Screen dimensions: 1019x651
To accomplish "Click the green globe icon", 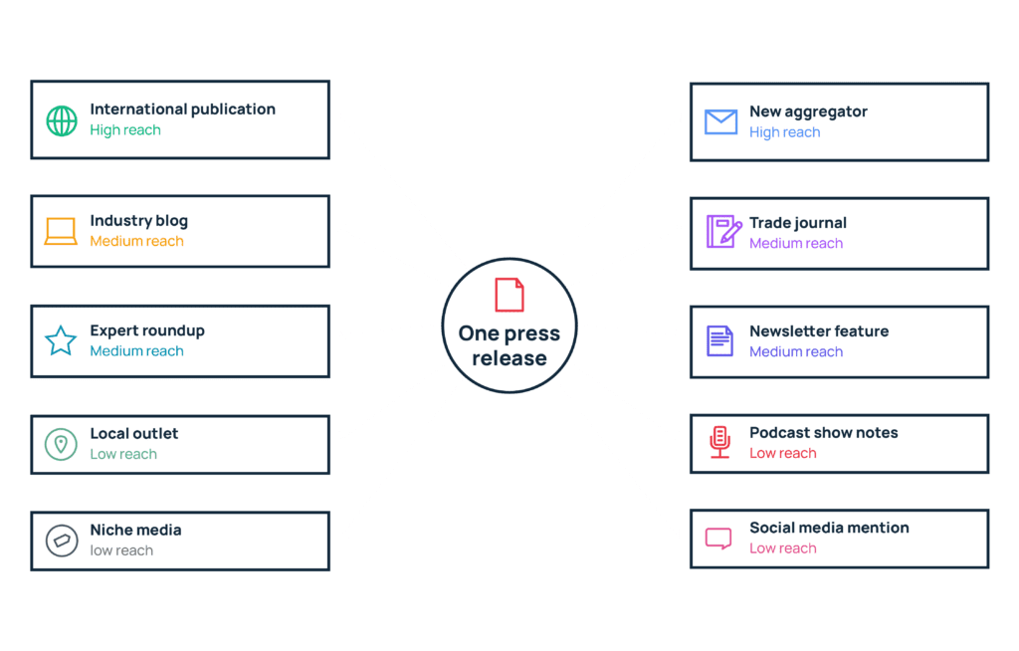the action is point(62,121).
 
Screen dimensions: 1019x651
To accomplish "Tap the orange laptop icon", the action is point(61,232).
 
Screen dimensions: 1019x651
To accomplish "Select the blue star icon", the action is point(61,340).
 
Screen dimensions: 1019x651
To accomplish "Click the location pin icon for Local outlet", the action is point(61,445).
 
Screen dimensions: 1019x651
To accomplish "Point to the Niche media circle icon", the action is point(62,541).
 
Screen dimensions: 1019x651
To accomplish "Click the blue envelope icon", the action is point(721,121).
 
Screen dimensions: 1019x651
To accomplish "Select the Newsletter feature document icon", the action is point(720,340).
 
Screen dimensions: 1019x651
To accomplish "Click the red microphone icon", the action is point(720,442).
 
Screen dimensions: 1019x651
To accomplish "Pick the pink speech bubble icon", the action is point(718,539).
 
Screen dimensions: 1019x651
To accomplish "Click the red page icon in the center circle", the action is point(509,296).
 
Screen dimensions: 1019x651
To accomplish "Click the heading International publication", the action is point(183,109).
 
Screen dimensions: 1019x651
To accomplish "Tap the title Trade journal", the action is point(798,223).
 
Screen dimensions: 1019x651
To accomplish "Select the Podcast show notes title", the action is point(823,432).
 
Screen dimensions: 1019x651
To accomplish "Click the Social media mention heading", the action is point(829,528).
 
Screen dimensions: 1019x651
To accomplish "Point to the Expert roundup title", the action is point(147,330).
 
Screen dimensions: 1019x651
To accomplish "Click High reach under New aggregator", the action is point(784,132).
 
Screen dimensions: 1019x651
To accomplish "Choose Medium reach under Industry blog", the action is point(137,241).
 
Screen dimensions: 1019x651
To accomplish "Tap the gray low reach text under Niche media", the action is point(121,550).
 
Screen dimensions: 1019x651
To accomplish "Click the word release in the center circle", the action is point(509,358).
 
